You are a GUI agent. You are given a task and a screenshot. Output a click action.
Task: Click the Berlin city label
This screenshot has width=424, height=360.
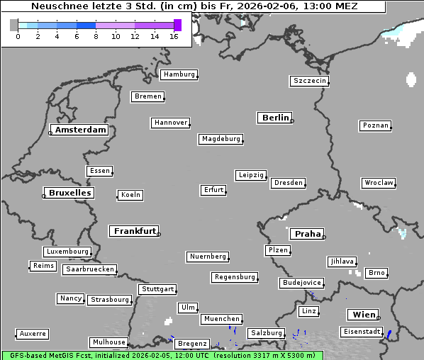coord(275,118)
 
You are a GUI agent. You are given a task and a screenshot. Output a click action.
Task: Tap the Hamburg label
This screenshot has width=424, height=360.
coord(178,74)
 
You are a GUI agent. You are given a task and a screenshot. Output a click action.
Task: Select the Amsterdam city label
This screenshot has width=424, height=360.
coord(80,130)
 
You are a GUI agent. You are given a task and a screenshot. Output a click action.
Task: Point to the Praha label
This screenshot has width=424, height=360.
coord(308,234)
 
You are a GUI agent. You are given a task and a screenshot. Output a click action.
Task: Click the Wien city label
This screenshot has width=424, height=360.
coord(362,315)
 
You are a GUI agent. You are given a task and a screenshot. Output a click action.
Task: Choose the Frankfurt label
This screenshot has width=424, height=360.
coord(135,231)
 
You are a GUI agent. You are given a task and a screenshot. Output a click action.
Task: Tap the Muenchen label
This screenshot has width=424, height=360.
coord(221,319)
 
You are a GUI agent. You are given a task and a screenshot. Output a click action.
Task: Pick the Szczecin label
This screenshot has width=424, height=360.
coord(310,81)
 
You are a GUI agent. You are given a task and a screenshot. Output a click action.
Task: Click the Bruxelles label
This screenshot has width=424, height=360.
coord(69,193)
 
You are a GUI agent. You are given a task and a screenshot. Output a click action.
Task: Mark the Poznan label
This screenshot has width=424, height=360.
coord(376,125)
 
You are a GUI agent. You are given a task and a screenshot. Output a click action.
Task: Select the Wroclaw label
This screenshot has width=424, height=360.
coord(379,183)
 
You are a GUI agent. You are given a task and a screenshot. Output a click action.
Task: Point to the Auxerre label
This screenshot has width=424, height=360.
coord(33,333)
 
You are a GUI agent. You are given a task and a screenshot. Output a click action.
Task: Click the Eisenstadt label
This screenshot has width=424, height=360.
coord(361,332)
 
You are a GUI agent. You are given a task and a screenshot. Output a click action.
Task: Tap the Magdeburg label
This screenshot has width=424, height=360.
coord(221,139)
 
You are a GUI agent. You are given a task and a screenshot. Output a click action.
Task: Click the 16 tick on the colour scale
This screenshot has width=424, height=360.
coord(174,35)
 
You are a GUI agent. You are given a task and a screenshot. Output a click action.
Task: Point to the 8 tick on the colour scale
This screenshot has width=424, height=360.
coord(96,35)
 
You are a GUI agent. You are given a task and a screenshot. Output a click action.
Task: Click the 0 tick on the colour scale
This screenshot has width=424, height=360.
coord(18,35)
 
